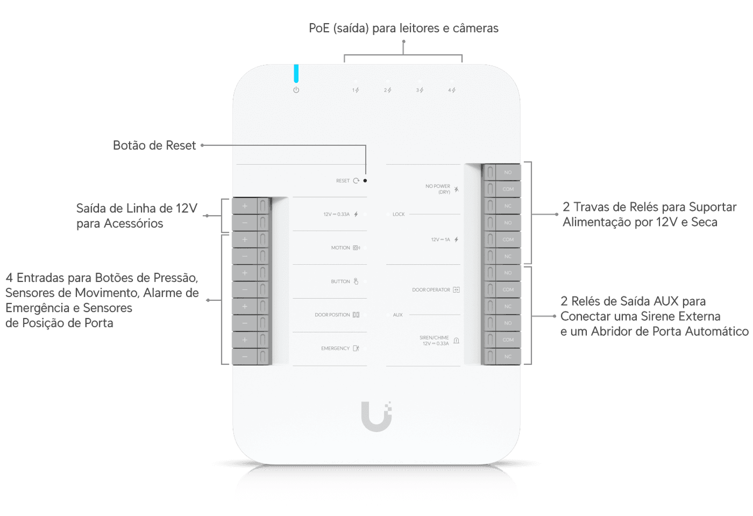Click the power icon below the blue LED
point(296,90)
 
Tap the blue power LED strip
point(296,74)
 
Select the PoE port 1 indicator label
point(356,90)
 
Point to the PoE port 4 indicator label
point(451,90)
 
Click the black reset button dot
point(365,181)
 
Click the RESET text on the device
point(343,181)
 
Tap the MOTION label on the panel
point(340,248)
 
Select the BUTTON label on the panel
point(340,281)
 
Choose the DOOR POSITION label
point(332,315)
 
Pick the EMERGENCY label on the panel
point(335,349)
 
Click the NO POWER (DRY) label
point(438,189)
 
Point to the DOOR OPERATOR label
point(431,290)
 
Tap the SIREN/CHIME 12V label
point(435,341)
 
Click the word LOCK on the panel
point(399,214)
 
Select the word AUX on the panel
point(397,315)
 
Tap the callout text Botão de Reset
point(154,145)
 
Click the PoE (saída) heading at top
point(403,28)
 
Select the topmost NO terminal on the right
point(508,173)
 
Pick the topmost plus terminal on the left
point(245,206)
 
